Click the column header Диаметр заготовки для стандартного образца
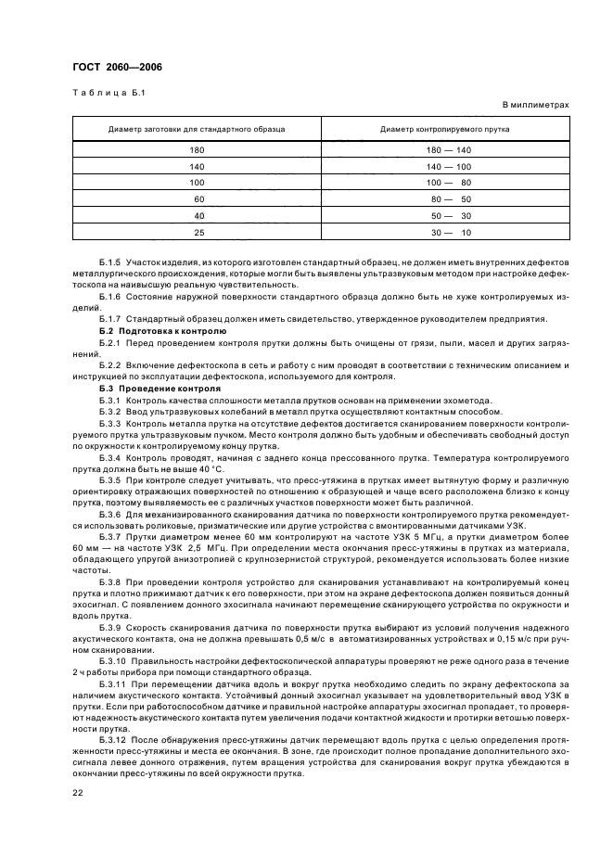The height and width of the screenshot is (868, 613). point(197,129)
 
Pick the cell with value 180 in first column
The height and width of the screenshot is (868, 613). point(197,149)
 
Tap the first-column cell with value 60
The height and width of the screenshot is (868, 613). point(198,199)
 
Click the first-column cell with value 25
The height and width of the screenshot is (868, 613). point(198,233)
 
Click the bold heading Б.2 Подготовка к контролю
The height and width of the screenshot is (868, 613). point(161,330)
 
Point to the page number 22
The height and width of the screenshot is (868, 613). point(78,792)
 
